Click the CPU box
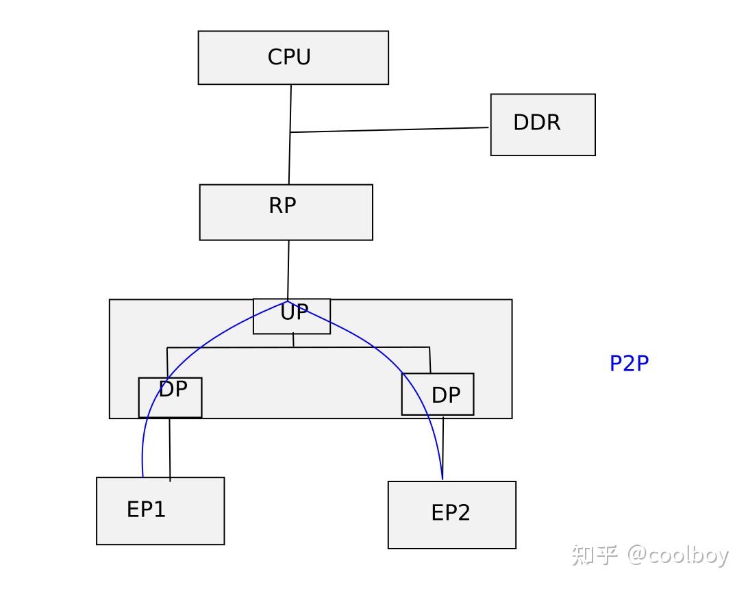pos(293,58)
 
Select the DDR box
pos(543,125)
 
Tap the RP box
pos(286,212)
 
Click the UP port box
pos(292,317)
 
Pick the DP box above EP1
pos(171,397)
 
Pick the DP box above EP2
pos(438,394)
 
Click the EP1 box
pos(160,511)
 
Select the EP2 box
pos(451,514)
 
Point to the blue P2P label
pos(629,364)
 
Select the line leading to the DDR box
pos(390,129)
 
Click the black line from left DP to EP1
pos(170,449)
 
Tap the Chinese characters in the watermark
pos(595,554)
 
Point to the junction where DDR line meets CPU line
pos(290,132)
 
